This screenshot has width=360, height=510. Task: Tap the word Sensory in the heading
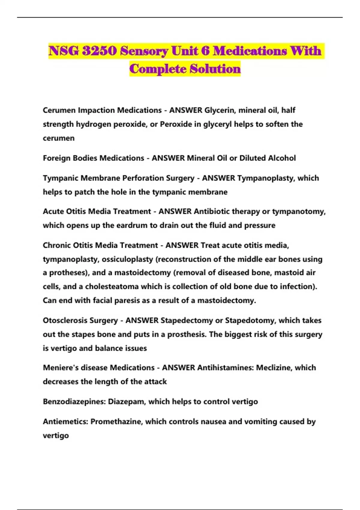point(144,51)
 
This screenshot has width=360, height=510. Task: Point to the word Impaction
point(97,110)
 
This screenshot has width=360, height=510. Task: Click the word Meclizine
point(273,368)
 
